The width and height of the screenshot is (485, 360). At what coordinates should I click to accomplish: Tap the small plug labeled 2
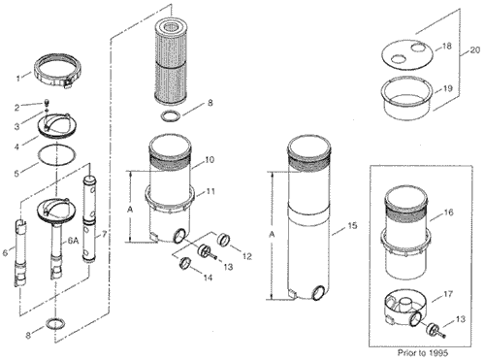pos(46,103)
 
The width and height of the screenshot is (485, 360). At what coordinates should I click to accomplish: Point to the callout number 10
pos(210,160)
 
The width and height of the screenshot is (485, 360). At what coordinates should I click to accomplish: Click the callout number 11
pos(210,191)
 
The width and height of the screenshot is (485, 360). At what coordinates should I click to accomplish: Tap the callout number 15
pos(353,225)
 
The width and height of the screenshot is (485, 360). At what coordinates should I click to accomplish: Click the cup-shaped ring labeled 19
pos(406,99)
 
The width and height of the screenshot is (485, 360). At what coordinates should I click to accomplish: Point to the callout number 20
pos(475,50)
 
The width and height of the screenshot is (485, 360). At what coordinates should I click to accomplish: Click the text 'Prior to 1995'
pos(423,352)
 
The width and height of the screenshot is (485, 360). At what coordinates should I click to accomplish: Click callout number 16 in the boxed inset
pos(448,213)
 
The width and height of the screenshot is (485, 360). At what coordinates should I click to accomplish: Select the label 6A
pos(73,241)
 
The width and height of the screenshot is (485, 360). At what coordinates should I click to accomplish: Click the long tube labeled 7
pos(89,218)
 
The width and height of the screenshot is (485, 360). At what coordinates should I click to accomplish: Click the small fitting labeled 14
pos(184,262)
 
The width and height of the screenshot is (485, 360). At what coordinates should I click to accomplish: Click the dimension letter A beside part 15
pos(272,235)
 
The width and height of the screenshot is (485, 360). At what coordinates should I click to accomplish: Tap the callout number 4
pos(16,147)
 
